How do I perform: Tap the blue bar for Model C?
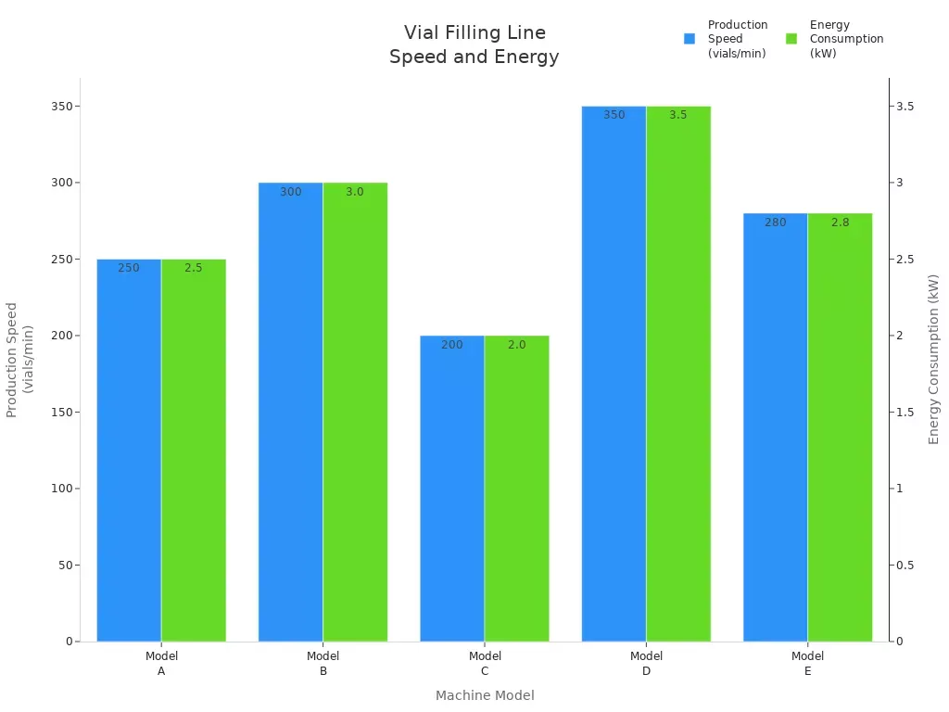tap(452, 489)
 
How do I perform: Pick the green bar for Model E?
tap(840, 427)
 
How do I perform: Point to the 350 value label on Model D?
tap(614, 115)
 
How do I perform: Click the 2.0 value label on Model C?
tap(516, 345)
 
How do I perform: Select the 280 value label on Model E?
tap(776, 222)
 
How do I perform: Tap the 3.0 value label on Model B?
tap(355, 192)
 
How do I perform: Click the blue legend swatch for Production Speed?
tap(690, 39)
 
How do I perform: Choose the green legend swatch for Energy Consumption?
tap(791, 39)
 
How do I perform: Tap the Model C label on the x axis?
tap(485, 664)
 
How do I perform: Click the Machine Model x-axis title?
tap(485, 695)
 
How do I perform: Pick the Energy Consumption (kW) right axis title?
tap(933, 359)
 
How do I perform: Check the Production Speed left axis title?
tap(19, 359)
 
